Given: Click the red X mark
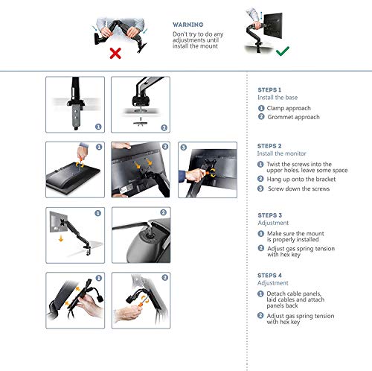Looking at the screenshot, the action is coord(115,53).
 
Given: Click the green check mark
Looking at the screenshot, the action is coord(283,51).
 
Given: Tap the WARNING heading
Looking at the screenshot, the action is coord(187,25).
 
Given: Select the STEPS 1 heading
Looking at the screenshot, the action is coord(269,90).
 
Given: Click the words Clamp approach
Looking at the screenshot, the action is coord(289,108).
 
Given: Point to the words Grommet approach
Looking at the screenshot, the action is coord(293,117).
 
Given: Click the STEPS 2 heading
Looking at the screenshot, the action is coord(269,146).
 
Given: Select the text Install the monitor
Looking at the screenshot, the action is coord(282,153).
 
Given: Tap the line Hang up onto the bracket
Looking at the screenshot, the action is coord(301,180).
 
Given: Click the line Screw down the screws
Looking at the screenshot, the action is coord(298,188).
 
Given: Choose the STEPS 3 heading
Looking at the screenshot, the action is coord(270,215).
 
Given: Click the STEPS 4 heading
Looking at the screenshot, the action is coord(269,275).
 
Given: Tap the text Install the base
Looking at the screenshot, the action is coord(278,98).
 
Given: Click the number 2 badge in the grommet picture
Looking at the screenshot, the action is coord(164,127).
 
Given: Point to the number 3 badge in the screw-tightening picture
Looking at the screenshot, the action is coord(184,148).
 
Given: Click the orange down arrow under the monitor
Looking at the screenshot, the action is coord(61,238).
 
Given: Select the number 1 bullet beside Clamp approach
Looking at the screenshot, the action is coord(261,108).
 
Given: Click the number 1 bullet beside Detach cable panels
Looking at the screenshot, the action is coord(260,294).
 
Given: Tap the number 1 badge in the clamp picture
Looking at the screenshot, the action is coord(98,127).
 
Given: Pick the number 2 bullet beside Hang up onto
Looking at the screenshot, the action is coord(260,179).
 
